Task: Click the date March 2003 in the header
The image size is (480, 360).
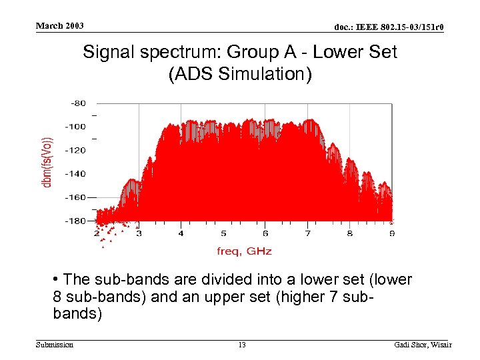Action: (59, 26)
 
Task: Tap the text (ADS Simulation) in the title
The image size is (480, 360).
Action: (240, 74)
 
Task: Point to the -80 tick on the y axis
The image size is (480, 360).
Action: (78, 103)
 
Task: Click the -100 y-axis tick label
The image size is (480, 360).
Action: (75, 127)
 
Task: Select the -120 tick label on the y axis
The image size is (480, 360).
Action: (75, 150)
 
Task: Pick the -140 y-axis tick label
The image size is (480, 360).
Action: (75, 173)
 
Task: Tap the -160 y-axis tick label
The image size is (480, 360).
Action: (75, 197)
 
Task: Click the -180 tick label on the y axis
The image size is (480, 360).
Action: (75, 221)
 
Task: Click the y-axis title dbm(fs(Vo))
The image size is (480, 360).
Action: (48, 161)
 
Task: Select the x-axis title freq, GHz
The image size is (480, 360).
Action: (244, 251)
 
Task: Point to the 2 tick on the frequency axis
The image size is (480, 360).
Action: (96, 234)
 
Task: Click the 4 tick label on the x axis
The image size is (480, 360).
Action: (181, 234)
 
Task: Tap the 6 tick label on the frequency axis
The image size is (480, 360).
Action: (265, 234)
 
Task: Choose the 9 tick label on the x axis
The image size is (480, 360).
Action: (392, 234)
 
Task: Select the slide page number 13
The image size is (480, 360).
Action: (242, 345)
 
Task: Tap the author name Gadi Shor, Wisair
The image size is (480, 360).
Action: (422, 345)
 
